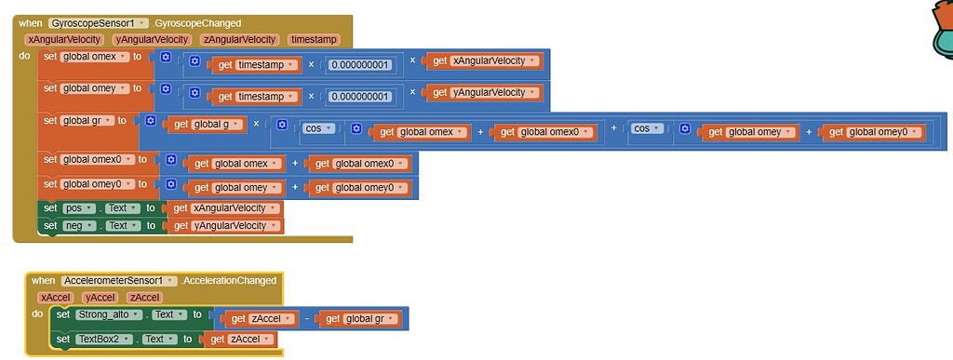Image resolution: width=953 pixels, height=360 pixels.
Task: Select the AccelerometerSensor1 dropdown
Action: click(x=119, y=280)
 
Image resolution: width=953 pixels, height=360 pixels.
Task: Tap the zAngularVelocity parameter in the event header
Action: click(x=239, y=39)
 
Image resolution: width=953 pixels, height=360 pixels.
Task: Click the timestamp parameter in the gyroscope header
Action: click(x=315, y=39)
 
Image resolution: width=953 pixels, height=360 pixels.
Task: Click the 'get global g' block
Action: click(x=208, y=124)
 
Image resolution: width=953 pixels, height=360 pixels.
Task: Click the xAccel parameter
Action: click(x=55, y=297)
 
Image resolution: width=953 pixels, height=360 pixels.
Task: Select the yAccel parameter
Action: click(x=100, y=297)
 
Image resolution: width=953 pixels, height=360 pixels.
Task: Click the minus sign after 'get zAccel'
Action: click(x=307, y=319)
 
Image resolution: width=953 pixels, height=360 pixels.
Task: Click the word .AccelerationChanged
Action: click(x=228, y=280)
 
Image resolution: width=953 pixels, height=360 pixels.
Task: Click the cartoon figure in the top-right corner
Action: click(x=938, y=28)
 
